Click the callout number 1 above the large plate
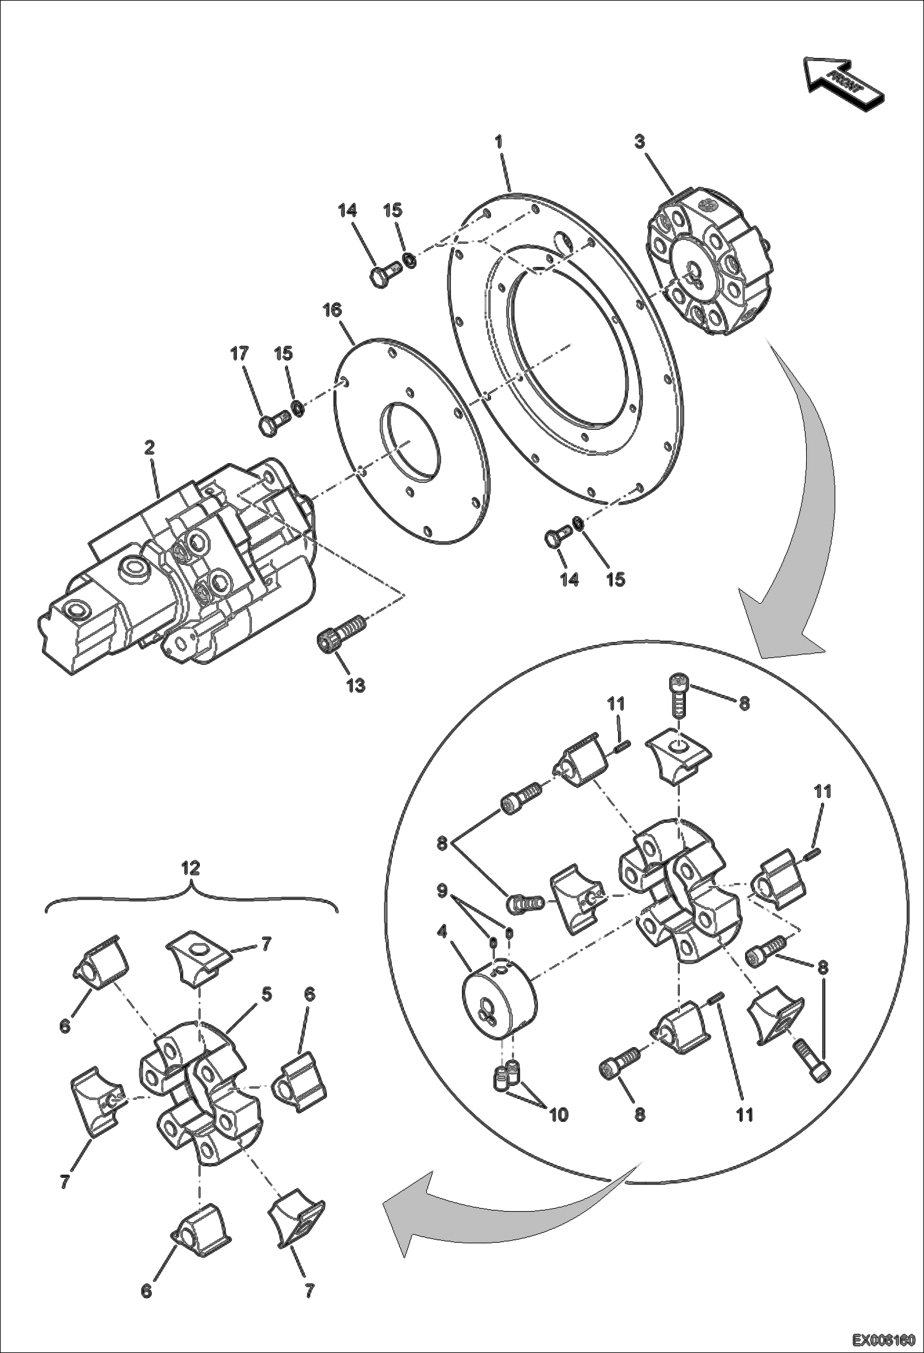(498, 142)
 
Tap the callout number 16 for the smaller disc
(332, 310)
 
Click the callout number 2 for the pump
(149, 448)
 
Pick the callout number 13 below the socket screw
(355, 685)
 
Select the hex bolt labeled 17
(272, 423)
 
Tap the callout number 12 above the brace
(191, 868)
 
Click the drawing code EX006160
(883, 1340)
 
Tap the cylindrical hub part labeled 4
(498, 998)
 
